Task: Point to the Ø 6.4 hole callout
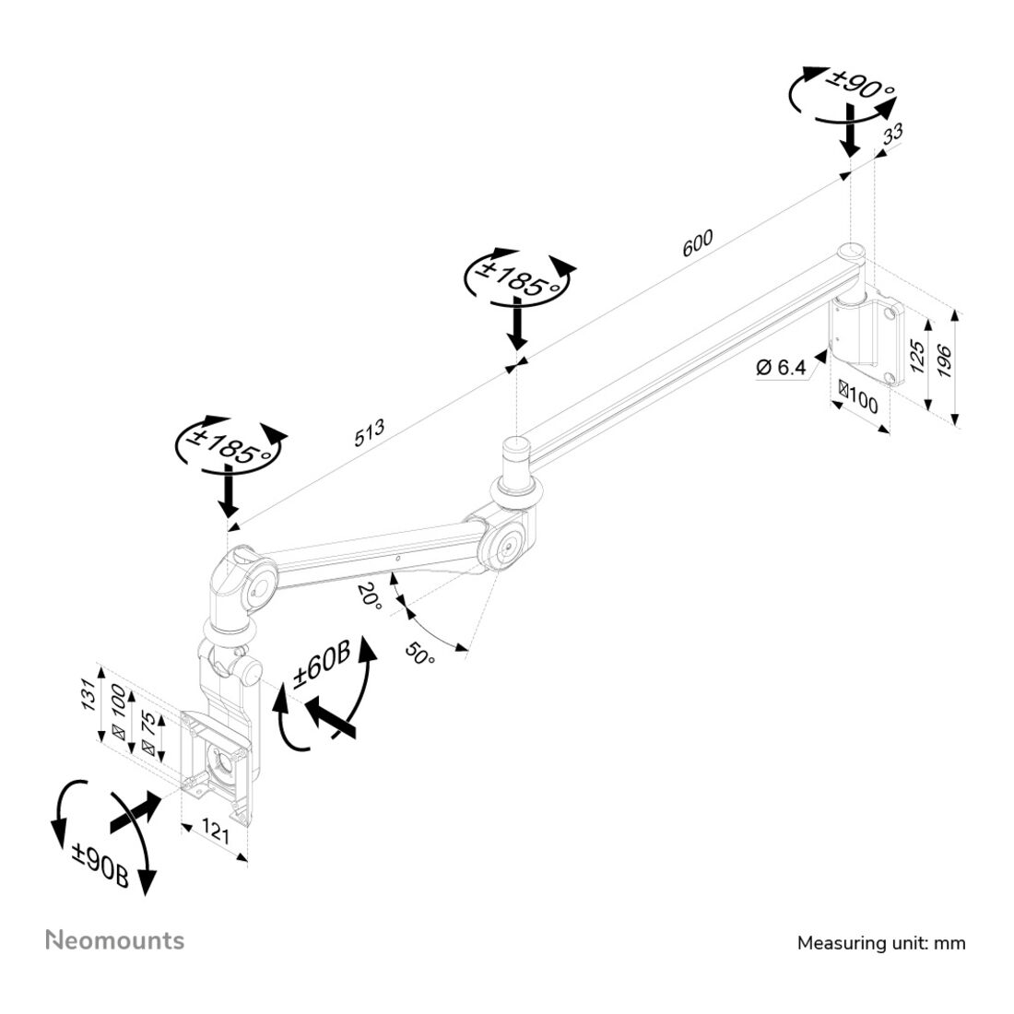(781, 368)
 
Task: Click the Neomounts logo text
(115, 941)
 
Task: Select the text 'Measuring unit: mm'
(881, 943)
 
